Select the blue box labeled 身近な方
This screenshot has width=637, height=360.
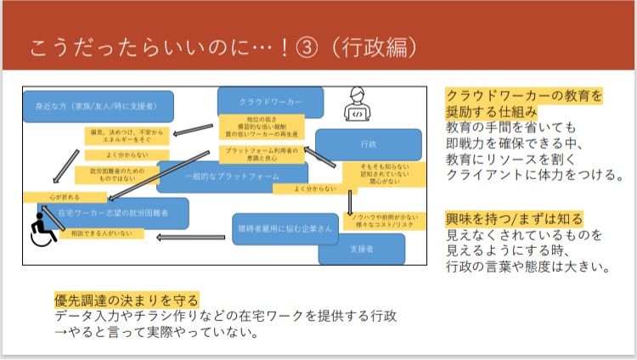[99, 106]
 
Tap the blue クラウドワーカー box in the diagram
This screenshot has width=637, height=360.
[271, 101]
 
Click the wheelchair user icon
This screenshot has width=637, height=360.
[40, 230]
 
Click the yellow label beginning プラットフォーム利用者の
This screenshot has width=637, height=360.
[251, 153]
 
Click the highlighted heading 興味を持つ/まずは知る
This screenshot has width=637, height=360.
[515, 219]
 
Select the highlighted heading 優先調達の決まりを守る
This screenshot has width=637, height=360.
[127, 300]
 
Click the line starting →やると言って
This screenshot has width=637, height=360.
[156, 332]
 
